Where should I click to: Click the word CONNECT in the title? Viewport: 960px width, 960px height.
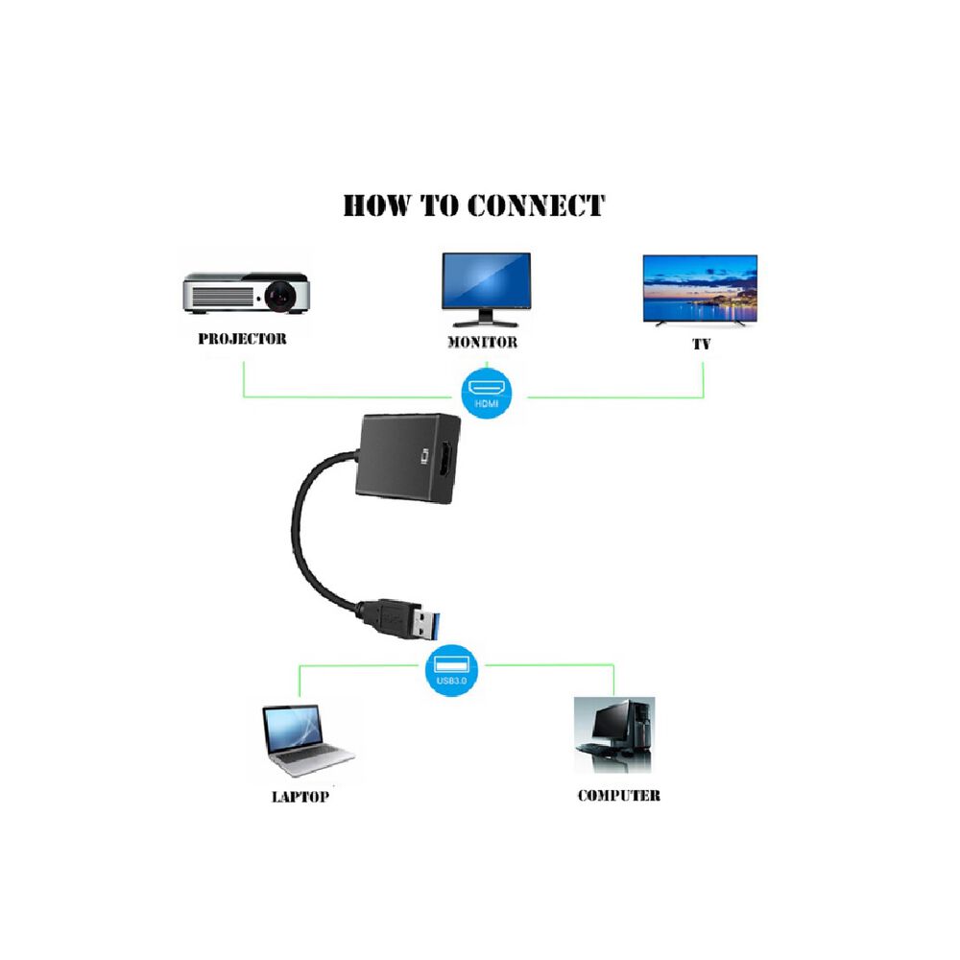tap(535, 205)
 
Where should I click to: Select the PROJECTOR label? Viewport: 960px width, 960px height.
tap(242, 339)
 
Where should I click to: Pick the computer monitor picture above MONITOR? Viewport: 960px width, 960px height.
tap(486, 281)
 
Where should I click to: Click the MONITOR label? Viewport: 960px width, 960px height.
tap(483, 342)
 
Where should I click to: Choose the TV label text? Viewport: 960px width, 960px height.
tap(702, 343)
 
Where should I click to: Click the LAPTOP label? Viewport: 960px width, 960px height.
tap(300, 797)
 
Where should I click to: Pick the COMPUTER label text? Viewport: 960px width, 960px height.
tap(618, 796)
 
